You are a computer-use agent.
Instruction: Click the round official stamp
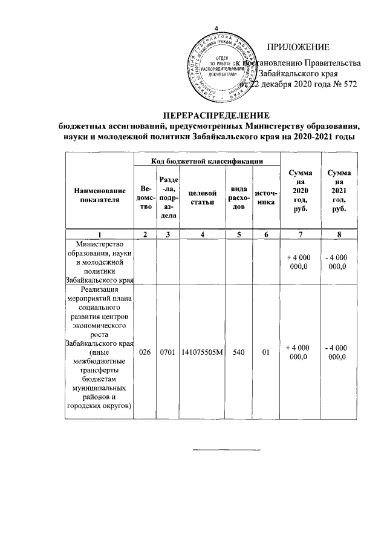[219, 68]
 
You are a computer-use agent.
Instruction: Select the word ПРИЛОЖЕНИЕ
[298, 47]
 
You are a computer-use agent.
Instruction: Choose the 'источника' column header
[265, 197]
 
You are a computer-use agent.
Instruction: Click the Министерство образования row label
[100, 262]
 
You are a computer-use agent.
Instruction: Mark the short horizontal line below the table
[216, 451]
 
